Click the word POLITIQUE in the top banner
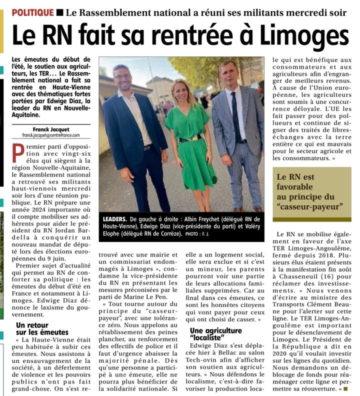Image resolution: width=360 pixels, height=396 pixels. tap(32, 11)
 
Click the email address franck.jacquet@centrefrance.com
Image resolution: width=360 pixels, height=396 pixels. tap(49, 135)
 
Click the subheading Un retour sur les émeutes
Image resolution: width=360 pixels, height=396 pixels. tap(42, 328)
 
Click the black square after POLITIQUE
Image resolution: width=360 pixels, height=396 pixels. tap(60, 11)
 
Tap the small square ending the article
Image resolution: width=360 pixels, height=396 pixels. tap(345, 388)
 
